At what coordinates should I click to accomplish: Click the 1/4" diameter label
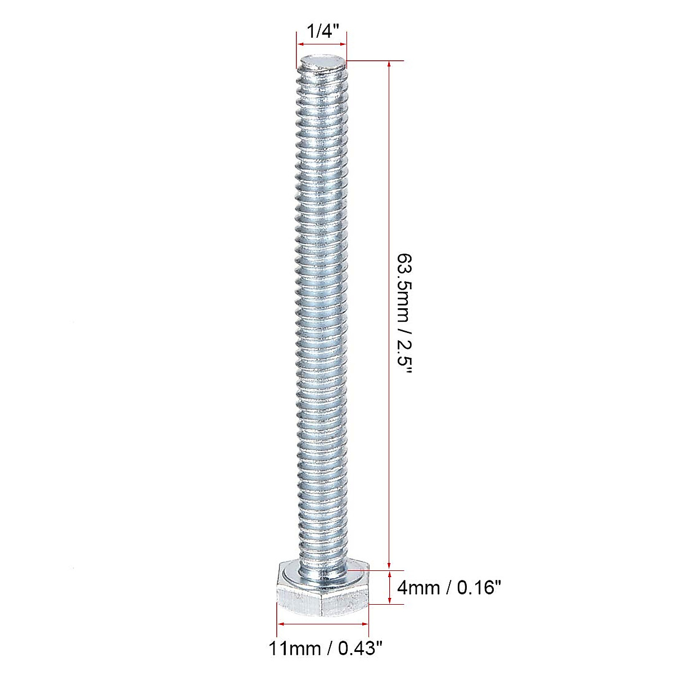[321, 31]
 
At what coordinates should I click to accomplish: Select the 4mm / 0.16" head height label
[449, 588]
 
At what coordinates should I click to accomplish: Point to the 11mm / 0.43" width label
[326, 649]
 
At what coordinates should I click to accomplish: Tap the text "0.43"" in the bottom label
[360, 649]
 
